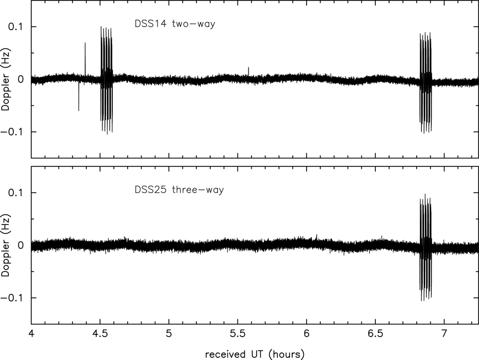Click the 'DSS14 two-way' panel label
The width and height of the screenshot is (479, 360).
pyautogui.click(x=174, y=23)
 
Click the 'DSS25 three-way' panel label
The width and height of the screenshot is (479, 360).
pyautogui.click(x=179, y=190)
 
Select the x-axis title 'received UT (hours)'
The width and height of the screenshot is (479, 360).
pyautogui.click(x=255, y=353)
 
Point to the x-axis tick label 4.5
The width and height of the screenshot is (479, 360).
pyautogui.click(x=100, y=336)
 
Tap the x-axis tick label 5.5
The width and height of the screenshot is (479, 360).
pyautogui.click(x=238, y=336)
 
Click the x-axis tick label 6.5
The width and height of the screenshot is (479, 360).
pyautogui.click(x=375, y=336)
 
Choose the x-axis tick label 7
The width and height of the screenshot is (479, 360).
pyautogui.click(x=444, y=336)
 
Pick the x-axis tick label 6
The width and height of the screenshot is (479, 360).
pyautogui.click(x=307, y=336)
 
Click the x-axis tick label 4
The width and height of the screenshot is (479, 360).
pyautogui.click(x=31, y=336)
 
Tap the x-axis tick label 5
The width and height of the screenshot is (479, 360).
pyautogui.click(x=169, y=336)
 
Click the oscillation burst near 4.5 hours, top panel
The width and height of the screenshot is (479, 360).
pyautogui.click(x=106, y=80)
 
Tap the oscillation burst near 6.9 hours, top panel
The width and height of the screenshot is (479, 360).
pyautogui.click(x=426, y=82)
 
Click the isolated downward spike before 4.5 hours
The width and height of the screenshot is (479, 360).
pyautogui.click(x=79, y=98)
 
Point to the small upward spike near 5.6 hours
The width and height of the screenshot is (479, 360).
pyautogui.click(x=249, y=70)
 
